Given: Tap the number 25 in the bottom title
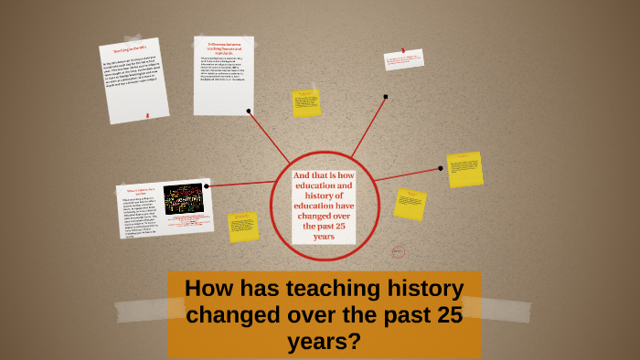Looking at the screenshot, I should pyautogui.click(x=437, y=318).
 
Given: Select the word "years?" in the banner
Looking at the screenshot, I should pyautogui.click(x=325, y=343).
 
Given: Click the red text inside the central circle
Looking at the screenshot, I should pyautogui.click(x=325, y=206).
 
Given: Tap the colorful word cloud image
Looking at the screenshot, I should pyautogui.click(x=183, y=198).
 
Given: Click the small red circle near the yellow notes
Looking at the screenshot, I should pyautogui.click(x=398, y=251).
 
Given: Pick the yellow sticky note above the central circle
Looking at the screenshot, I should pyautogui.click(x=306, y=102).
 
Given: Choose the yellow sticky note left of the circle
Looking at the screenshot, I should pyautogui.click(x=243, y=227).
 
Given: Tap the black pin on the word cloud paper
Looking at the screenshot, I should pyautogui.click(x=207, y=185).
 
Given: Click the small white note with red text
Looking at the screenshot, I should pyautogui.click(x=404, y=60).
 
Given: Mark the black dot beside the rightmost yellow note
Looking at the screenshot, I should pyautogui.click(x=441, y=168).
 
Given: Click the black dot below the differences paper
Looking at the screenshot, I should pyautogui.click(x=249, y=111).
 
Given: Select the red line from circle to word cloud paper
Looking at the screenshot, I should pyautogui.click(x=240, y=183).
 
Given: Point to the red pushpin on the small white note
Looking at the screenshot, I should pyautogui.click(x=402, y=50).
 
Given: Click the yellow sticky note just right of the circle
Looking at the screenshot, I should pyautogui.click(x=410, y=204).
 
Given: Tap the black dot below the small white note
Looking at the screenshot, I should pyautogui.click(x=386, y=96).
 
